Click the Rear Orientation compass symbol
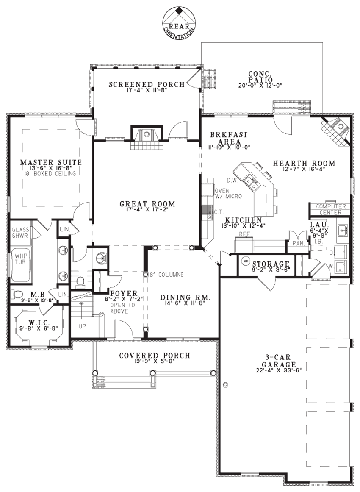point(179,22)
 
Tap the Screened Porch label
point(147,84)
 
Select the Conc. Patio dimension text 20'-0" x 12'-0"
point(260,85)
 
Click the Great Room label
point(147,204)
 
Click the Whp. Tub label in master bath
point(21,259)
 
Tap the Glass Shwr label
point(20,233)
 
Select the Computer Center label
point(330,209)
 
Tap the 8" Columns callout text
point(167,275)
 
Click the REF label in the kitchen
point(243,233)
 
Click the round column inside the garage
point(225,385)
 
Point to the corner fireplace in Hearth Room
point(338,129)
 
